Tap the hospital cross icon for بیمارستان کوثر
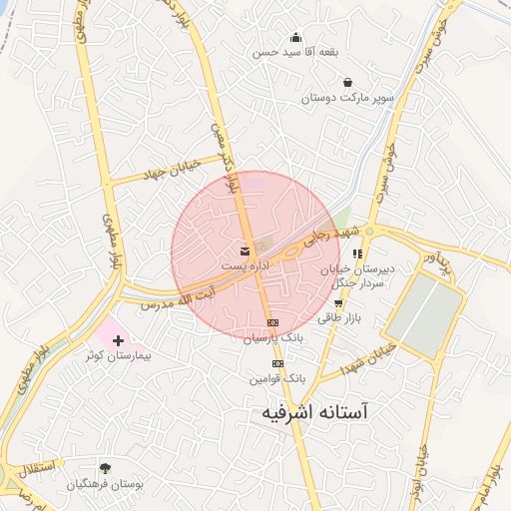tap(119, 340)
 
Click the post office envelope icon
tap(246, 251)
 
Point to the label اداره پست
tap(245, 267)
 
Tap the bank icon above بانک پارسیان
tap(272, 323)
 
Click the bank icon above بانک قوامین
tap(277, 363)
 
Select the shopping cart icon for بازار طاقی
tap(338, 302)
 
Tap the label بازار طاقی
tap(337, 318)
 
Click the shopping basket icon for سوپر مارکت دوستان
tap(346, 82)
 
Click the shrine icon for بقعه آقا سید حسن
tap(295, 37)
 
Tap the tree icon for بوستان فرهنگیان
tap(106, 467)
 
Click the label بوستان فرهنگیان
tap(106, 484)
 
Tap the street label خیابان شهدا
tap(371, 356)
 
